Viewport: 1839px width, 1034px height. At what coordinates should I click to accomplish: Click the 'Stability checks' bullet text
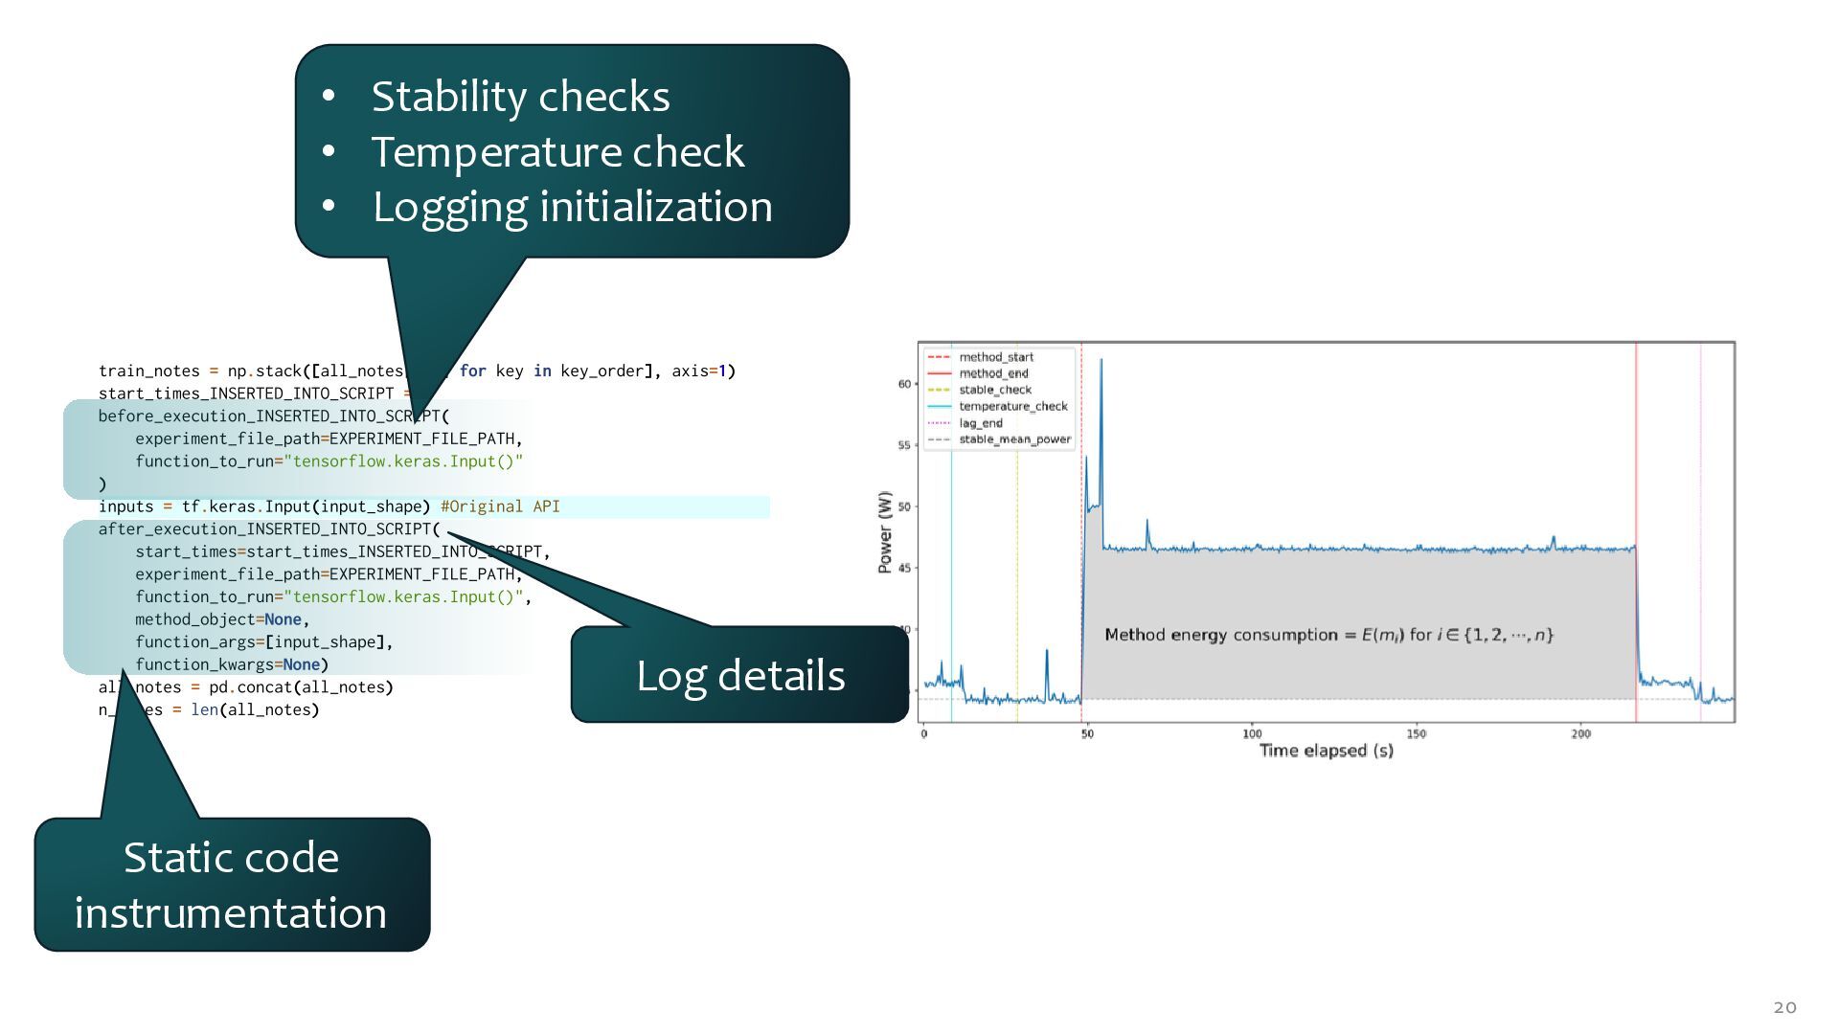(520, 97)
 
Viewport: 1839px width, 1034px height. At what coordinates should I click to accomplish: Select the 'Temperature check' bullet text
(557, 152)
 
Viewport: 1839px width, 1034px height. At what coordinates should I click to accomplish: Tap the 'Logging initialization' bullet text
(572, 207)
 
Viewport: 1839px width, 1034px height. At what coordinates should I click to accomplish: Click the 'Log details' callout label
(740, 676)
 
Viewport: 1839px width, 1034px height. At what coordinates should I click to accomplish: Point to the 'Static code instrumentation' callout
(231, 885)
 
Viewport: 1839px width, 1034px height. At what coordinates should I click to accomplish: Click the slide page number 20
(1784, 1006)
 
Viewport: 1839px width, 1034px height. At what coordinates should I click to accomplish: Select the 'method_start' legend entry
(996, 357)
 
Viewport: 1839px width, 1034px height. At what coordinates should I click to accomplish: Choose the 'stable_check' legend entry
(995, 390)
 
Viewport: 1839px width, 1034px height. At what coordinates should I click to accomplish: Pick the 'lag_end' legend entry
(981, 423)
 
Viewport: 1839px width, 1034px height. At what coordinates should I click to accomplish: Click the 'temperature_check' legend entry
(1013, 406)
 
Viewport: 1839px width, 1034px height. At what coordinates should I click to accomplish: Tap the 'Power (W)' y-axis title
(885, 532)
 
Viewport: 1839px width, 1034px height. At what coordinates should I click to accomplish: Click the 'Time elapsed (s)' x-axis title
(1326, 751)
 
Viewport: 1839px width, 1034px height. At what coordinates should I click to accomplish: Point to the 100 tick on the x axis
(1252, 734)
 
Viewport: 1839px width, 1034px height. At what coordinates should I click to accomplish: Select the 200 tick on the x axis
(1580, 734)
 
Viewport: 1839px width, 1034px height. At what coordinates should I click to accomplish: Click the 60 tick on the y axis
(904, 384)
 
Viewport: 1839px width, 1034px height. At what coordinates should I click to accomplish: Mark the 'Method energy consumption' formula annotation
(1328, 635)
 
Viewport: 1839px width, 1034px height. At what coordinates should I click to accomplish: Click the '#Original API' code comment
(500, 506)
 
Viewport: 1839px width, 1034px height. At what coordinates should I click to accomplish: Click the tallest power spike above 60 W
(1101, 362)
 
